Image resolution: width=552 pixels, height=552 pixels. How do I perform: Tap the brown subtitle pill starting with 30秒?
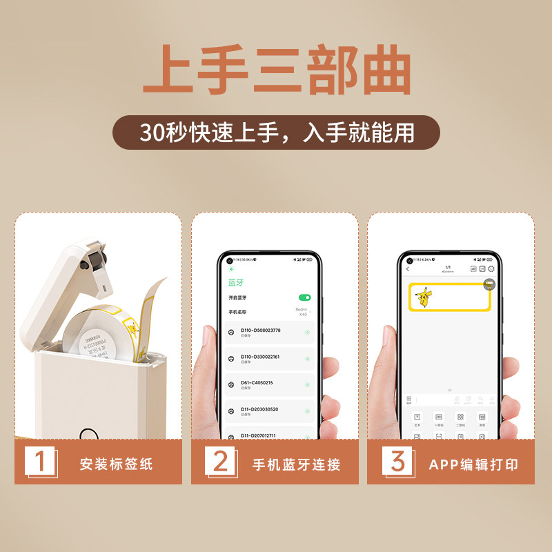click(x=276, y=132)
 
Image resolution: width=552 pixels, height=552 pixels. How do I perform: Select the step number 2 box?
click(x=219, y=462)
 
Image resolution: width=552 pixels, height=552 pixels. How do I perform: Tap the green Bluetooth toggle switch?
click(x=304, y=297)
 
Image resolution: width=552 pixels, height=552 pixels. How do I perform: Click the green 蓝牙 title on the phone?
click(x=236, y=282)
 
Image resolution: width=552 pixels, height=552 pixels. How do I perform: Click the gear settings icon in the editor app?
click(x=492, y=268)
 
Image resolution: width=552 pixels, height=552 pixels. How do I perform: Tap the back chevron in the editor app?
click(x=408, y=268)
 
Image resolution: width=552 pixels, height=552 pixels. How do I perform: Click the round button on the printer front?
click(x=88, y=434)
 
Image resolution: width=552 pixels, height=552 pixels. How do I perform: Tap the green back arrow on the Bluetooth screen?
click(x=231, y=270)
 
